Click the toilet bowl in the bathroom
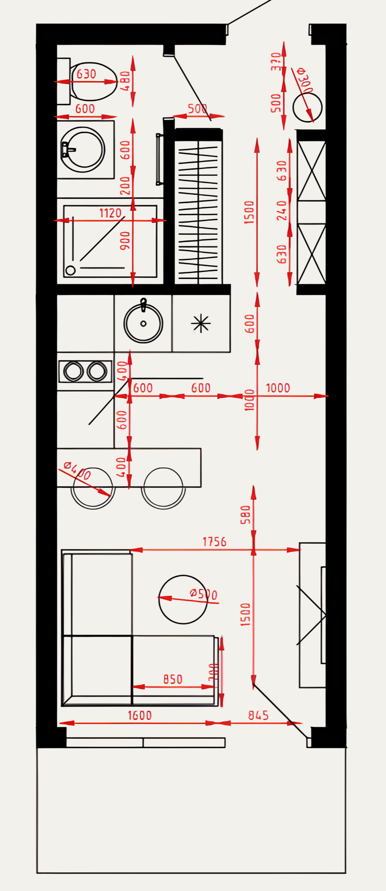(93, 82)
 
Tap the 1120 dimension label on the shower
(110, 213)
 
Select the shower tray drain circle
(71, 270)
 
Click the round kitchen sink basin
(143, 323)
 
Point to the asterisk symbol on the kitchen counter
(201, 324)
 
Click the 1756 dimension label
(214, 542)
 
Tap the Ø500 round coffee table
(183, 600)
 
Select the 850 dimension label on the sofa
(173, 679)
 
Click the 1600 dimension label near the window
(140, 715)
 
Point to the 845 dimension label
(258, 715)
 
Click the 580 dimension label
(246, 515)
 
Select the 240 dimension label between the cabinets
(282, 211)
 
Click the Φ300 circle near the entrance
(307, 107)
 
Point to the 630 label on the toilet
(86, 74)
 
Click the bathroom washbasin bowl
(83, 150)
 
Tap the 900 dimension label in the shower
(125, 241)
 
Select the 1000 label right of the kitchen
(278, 388)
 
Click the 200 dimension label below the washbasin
(125, 186)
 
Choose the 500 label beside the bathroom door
(197, 109)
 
